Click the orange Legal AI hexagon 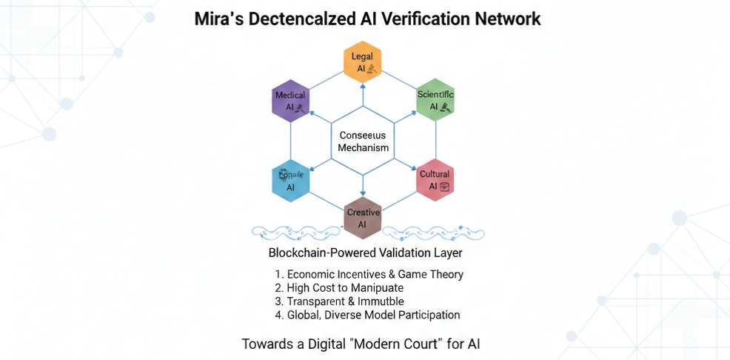pos(363,61)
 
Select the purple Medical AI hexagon pos(290,101)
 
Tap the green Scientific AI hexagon pos(435,100)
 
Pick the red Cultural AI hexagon pos(435,180)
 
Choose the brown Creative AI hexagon pos(363,219)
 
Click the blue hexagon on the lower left pos(290,181)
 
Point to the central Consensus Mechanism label pos(363,141)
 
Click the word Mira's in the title pos(220,19)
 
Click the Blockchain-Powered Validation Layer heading pos(366,253)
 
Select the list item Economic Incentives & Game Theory pos(369,274)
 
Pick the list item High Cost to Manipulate pos(339,287)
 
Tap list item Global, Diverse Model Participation pos(367,315)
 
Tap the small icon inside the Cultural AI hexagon pos(445,187)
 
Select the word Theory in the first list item pos(446,274)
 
